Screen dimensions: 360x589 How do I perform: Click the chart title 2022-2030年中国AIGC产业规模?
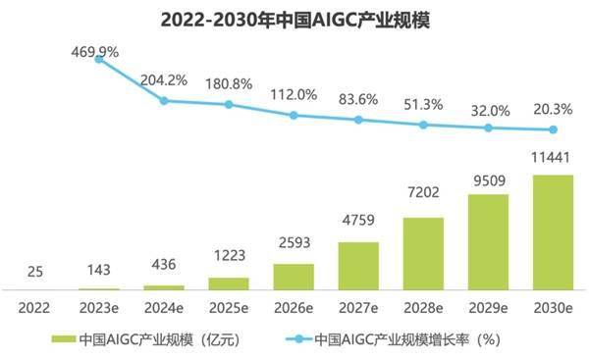tap(294, 20)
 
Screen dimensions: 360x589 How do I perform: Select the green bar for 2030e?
tap(553, 232)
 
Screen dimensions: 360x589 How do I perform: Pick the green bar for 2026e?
tap(294, 277)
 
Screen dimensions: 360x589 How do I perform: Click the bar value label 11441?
tap(553, 159)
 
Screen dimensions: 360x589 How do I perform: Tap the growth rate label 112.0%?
tap(294, 94)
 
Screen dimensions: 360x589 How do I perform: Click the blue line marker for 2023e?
tap(99, 59)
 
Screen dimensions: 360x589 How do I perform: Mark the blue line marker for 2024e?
tap(164, 100)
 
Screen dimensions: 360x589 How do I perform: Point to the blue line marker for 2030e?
tap(553, 129)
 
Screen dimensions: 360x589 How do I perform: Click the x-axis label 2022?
tap(34, 306)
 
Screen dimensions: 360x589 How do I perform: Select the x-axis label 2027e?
tap(358, 306)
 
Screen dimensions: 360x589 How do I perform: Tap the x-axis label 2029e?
tap(488, 306)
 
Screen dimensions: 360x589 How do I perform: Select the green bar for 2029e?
tap(488, 242)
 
